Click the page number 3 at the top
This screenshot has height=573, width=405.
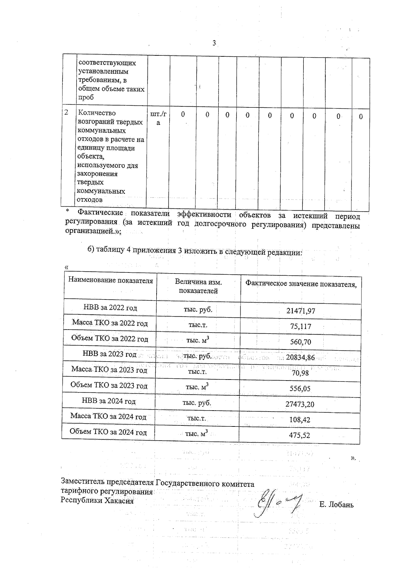pos(214,43)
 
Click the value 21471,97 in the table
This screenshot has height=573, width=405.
pos(300,311)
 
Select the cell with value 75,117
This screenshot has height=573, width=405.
pos(300,327)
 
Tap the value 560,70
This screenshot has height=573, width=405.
pos(300,342)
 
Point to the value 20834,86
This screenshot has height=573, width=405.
pos(300,357)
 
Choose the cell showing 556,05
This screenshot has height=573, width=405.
pos(300,388)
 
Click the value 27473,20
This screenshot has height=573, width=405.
pos(300,404)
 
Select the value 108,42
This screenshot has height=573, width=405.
pos(300,420)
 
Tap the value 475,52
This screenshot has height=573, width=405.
pos(299,435)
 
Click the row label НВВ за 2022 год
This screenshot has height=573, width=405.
pos(110,308)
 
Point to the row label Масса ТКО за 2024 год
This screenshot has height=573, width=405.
pos(108,416)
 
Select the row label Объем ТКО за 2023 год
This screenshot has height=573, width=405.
pos(109,385)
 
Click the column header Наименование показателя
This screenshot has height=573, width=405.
pos(111,280)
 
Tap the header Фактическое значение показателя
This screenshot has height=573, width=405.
pos(301,284)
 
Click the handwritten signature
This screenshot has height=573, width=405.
pos(277,503)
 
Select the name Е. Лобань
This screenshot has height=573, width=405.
pos(336,505)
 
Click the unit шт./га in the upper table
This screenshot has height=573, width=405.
pos(158,118)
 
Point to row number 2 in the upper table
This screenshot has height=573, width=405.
pos(66,112)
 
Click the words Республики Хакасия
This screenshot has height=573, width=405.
pos(97,500)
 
